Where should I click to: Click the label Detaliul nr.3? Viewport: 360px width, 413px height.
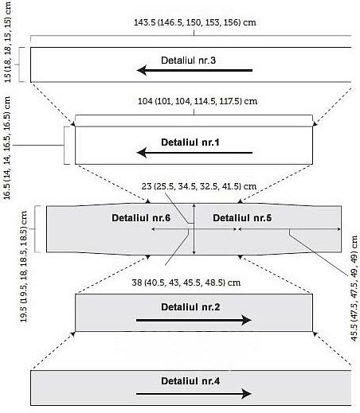tap(188, 60)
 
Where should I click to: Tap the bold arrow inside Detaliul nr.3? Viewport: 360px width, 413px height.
tap(194, 71)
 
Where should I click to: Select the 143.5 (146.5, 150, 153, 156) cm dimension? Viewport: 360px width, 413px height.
tap(195, 22)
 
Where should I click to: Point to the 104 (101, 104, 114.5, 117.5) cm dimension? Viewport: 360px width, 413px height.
tap(198, 101)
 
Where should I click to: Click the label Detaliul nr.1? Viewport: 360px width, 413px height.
tap(190, 142)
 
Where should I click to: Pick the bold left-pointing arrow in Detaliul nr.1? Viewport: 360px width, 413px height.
tap(194, 153)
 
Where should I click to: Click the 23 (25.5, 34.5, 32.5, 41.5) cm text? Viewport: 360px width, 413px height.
tap(199, 186)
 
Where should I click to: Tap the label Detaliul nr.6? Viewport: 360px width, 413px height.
tap(141, 218)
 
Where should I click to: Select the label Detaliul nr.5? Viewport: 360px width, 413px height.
tap(242, 218)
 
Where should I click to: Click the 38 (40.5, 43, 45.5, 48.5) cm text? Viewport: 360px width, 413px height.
tap(186, 282)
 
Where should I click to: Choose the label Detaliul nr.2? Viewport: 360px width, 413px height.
tap(190, 307)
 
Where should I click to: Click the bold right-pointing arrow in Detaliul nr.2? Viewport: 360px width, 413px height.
tap(194, 320)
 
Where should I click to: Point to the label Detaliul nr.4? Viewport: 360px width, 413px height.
tap(190, 381)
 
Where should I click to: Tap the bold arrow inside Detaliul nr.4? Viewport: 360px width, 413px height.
tap(194, 394)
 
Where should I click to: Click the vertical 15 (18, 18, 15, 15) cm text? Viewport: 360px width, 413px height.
tap(8, 42)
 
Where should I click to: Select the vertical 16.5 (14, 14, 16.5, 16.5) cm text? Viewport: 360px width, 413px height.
tap(7, 148)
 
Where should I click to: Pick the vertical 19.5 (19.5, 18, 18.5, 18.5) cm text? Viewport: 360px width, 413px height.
tap(24, 267)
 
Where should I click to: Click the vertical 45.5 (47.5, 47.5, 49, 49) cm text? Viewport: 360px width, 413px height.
tap(354, 288)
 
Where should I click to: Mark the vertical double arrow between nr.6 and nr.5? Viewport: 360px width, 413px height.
tap(194, 229)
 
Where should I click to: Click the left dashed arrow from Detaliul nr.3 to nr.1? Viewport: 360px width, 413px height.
tap(53, 104)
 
